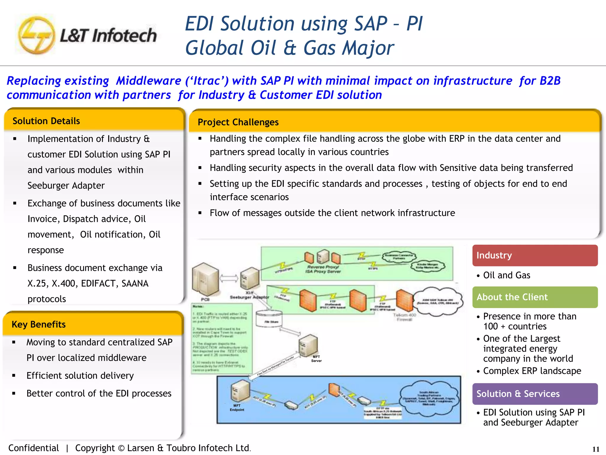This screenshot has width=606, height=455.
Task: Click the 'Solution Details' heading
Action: tap(46, 121)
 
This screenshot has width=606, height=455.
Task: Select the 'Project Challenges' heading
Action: tap(238, 122)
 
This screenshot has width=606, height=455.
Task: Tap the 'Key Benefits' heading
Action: tap(38, 324)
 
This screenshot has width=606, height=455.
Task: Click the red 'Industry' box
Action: tap(535, 255)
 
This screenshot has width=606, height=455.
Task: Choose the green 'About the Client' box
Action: tap(535, 297)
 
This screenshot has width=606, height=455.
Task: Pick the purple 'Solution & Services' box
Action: tap(535, 394)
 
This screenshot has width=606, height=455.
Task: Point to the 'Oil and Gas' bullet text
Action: tap(507, 275)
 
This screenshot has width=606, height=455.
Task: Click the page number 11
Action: tap(596, 449)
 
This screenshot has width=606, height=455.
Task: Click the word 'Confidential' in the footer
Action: tap(33, 448)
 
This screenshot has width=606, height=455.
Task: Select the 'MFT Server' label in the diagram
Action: tap(316, 359)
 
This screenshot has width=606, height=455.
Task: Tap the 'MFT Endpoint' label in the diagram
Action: tap(237, 408)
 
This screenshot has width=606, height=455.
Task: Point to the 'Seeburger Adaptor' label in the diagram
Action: tap(249, 297)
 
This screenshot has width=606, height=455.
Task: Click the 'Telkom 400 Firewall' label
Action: tap(404, 317)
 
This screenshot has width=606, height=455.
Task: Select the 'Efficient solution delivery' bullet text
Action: tap(80, 376)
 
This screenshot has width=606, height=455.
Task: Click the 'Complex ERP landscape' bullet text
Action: tap(532, 371)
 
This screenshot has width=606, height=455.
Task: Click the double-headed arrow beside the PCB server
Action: tap(229, 278)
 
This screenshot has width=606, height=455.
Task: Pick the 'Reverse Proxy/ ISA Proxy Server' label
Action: tap(323, 269)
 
